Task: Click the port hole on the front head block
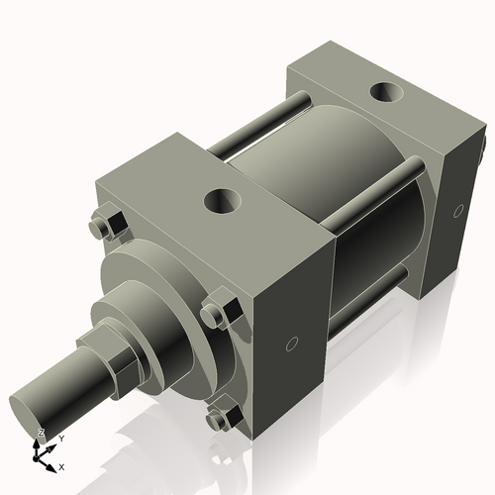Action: [x=223, y=203]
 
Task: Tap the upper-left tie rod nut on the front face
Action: [x=104, y=227]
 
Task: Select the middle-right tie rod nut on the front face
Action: [x=217, y=315]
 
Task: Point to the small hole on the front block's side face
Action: [x=290, y=345]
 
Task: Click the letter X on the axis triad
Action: [x=62, y=466]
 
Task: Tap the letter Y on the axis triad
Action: [x=61, y=438]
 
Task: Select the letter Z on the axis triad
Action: [x=40, y=433]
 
